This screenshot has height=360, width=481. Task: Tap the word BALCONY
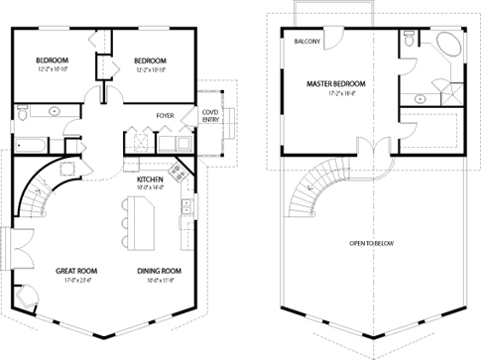[x=306, y=43]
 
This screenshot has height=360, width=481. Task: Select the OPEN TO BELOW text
[x=374, y=242]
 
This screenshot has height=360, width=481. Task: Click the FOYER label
[x=166, y=116]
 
